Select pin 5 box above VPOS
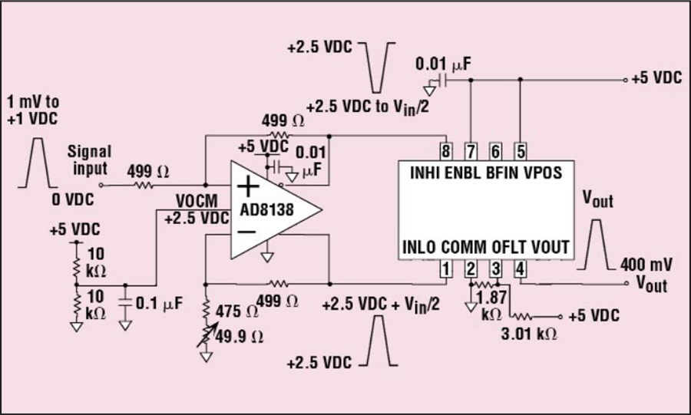[521, 150]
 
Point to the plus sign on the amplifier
[247, 186]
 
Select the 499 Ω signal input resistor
[143, 184]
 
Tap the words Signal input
[89, 159]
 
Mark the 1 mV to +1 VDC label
[31, 109]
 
